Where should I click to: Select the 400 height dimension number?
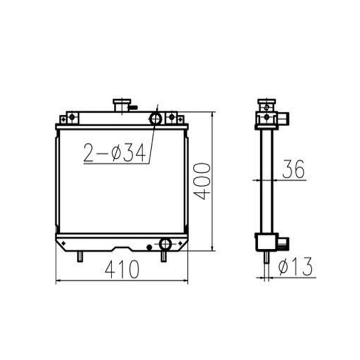pyautogui.click(x=202, y=181)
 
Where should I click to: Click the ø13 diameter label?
pyautogui.click(x=295, y=267)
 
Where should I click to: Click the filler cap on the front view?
pyautogui.click(x=121, y=105)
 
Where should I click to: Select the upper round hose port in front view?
pyautogui.click(x=155, y=119)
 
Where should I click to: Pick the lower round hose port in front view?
pyautogui.click(x=165, y=244)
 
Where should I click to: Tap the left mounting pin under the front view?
pyautogui.click(x=79, y=256)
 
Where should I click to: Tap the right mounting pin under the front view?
pyautogui.click(x=164, y=256)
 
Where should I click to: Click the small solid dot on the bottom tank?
pyautogui.click(x=148, y=247)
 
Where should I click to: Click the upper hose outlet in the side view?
pyautogui.click(x=284, y=118)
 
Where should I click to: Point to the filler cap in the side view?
pyautogui.click(x=264, y=104)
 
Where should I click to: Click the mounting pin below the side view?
pyautogui.click(x=264, y=260)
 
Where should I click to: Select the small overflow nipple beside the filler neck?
pyautogui.click(x=134, y=106)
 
